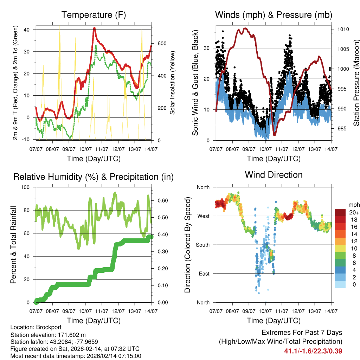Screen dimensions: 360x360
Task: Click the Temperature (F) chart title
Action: click(94, 15)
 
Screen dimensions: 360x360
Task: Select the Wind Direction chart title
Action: click(274, 175)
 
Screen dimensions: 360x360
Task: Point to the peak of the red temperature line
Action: click(94, 28)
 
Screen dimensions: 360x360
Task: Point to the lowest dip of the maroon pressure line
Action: click(275, 135)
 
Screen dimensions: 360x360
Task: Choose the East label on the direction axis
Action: click(204, 274)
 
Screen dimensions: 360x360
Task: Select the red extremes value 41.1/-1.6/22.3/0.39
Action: click(313, 351)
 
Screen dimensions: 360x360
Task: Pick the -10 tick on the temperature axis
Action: click(27, 139)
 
